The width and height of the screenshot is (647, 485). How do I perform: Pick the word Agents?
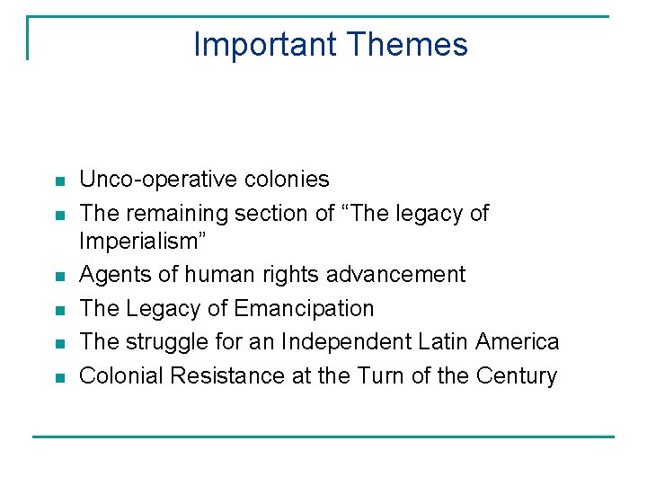pyautogui.click(x=112, y=274)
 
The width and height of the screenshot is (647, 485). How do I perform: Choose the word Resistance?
pyautogui.click(x=228, y=376)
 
